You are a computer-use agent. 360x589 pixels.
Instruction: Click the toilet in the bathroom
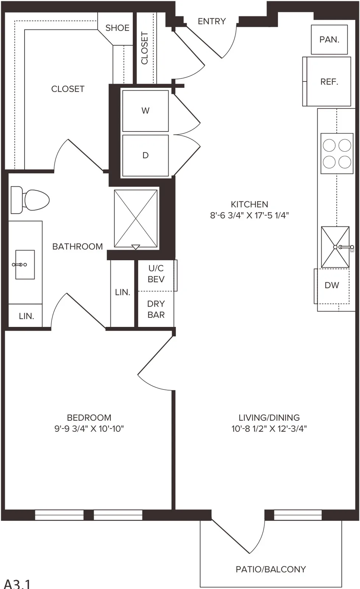click(30, 200)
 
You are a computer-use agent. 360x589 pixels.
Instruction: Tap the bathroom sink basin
click(25, 265)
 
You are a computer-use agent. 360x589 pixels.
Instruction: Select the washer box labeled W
click(145, 111)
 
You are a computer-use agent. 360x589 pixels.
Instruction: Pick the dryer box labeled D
click(145, 155)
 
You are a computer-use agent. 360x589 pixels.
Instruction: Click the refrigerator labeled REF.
click(327, 81)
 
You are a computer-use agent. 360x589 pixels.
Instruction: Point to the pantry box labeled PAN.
click(329, 39)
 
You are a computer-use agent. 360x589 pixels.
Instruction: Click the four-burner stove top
click(337, 154)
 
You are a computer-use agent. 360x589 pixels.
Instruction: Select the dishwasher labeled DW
click(332, 286)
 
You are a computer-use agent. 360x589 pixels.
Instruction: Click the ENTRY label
click(212, 21)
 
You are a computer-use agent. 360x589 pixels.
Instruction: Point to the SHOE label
click(117, 28)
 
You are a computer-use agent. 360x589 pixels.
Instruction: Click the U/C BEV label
click(156, 274)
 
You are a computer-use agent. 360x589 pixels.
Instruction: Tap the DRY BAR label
click(156, 309)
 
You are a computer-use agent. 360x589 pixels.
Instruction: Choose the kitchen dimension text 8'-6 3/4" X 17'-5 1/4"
click(249, 215)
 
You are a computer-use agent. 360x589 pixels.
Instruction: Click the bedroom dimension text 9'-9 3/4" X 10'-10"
click(89, 428)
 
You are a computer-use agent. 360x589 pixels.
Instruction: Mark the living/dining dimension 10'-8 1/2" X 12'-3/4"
click(269, 428)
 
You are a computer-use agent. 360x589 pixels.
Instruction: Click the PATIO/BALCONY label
click(271, 569)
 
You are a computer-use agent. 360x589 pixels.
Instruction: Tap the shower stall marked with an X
click(136, 219)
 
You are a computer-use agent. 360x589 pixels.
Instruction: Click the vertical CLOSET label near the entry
click(145, 48)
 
